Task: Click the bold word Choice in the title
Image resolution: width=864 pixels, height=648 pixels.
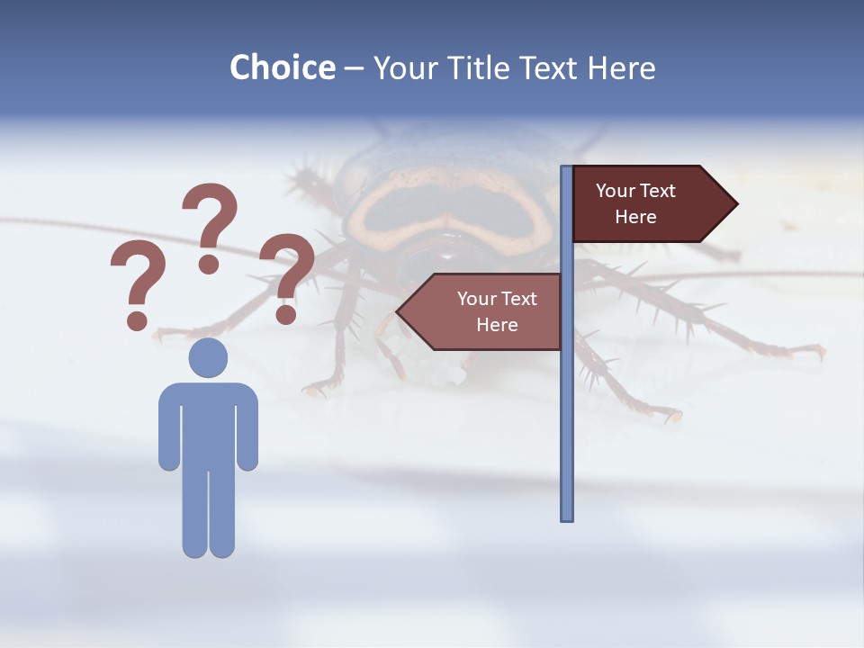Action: point(282,67)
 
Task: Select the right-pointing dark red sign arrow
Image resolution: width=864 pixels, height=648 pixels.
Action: point(648,203)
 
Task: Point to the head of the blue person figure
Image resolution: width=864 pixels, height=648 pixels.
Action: point(208,357)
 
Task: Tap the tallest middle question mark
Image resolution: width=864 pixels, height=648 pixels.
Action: point(210,225)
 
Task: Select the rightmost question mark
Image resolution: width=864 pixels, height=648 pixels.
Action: point(287,274)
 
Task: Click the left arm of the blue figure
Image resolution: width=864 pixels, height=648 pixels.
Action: point(168,432)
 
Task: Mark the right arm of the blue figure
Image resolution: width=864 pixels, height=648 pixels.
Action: point(248,432)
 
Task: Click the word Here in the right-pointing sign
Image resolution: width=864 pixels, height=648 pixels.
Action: point(635,217)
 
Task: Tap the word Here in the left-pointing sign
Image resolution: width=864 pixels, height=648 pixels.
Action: point(497,325)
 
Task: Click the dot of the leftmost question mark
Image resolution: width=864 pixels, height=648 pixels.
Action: point(137,319)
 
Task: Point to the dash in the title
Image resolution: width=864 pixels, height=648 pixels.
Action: point(354,69)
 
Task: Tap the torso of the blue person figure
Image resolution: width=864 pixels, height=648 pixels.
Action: point(208,423)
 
